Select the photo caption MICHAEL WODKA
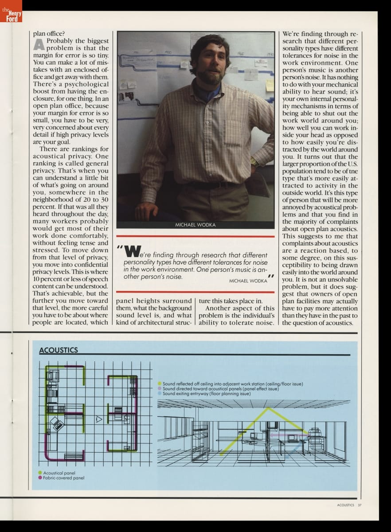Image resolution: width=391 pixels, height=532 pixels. point(195,225)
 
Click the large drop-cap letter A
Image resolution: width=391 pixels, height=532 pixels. point(39,45)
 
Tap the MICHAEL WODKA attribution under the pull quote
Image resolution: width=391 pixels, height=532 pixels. point(248,281)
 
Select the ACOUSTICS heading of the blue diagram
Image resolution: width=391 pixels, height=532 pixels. point(58,350)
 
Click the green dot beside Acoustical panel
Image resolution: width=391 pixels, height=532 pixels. point(40,473)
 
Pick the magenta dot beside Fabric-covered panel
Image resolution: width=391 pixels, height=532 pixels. point(40,478)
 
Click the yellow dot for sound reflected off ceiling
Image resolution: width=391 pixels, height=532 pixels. point(160,383)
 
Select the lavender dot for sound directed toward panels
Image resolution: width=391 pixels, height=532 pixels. point(160,388)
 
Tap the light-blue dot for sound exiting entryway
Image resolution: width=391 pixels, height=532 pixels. point(160,393)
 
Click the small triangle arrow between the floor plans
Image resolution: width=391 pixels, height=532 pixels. point(99,419)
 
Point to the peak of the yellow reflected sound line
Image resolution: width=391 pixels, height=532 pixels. point(268,408)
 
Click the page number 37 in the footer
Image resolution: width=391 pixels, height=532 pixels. point(360,505)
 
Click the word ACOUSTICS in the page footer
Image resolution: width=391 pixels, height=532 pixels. point(345,505)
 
